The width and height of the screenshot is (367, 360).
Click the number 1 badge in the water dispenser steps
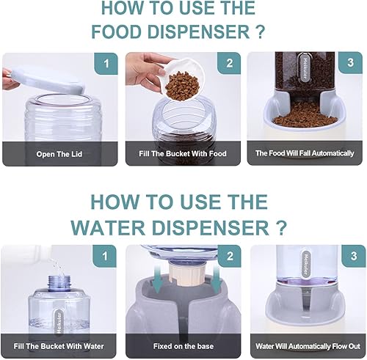coord(107,257)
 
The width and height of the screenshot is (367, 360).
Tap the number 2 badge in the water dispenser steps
coord(230,257)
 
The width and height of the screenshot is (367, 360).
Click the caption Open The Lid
coord(58,155)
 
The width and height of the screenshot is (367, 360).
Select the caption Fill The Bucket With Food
coord(181,155)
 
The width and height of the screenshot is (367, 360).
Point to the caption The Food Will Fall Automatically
coord(305,154)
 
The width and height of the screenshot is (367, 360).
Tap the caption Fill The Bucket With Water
coord(58,346)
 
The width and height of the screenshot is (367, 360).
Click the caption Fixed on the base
coord(181,346)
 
